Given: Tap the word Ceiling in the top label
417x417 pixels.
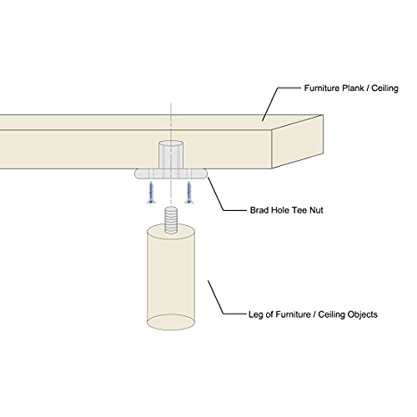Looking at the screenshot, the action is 384,88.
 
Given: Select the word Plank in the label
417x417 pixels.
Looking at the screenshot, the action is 353,88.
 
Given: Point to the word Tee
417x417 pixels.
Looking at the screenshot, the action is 299,210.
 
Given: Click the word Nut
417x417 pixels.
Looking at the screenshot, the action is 316,210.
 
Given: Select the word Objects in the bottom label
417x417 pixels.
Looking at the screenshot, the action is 362,314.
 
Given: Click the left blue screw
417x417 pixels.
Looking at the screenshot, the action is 151,192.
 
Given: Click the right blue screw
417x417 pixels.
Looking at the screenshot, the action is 189,192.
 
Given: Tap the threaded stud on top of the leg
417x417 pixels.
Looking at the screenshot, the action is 171,220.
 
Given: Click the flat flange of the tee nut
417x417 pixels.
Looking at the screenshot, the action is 171,173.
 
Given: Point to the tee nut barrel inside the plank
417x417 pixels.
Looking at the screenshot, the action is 171,155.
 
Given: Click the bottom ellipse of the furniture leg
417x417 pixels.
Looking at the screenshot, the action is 171,322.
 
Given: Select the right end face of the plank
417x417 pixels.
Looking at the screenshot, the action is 297,142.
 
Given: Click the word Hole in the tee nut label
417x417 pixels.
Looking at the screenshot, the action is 279,210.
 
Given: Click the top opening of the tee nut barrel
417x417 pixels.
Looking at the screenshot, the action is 171,144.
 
